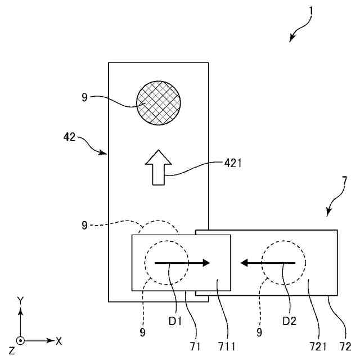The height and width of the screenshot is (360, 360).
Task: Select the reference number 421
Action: [232, 164]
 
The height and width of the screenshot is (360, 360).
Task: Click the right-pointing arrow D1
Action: [182, 262]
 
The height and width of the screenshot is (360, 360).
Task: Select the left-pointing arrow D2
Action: [267, 262]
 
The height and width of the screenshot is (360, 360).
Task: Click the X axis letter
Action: [58, 340]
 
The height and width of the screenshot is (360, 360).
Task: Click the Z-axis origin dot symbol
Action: [20, 340]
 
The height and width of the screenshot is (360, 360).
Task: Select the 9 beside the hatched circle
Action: [84, 97]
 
